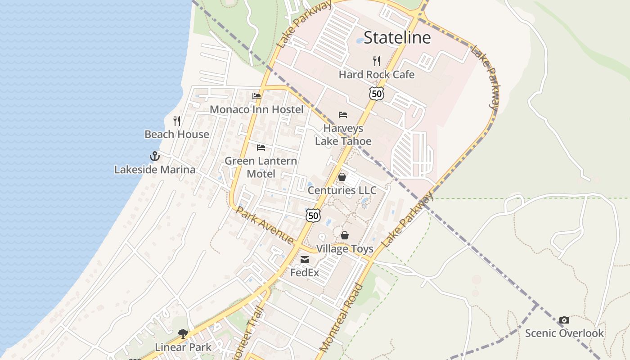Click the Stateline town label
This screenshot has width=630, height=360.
[x=397, y=37]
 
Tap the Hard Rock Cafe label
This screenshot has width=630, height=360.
[x=376, y=74]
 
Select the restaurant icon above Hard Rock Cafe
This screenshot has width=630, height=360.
[x=377, y=61]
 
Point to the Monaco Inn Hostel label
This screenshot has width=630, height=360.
[x=256, y=109]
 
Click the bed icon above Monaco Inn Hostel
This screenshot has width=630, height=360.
[x=256, y=96]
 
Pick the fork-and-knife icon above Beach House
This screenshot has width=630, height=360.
[x=177, y=121]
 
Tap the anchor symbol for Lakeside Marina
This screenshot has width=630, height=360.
[x=155, y=156]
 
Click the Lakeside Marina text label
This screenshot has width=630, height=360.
[x=155, y=170]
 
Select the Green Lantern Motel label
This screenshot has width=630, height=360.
[x=261, y=167]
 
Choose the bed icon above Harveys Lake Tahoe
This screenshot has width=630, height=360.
[x=343, y=115]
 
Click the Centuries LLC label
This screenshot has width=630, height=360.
[x=342, y=190]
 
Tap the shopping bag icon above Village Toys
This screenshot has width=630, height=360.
[x=345, y=235]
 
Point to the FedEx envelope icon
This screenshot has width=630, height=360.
[x=305, y=259]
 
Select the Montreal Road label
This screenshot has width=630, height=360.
[x=341, y=318]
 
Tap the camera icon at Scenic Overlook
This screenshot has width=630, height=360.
[x=564, y=320]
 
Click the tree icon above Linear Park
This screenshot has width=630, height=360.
[x=183, y=334]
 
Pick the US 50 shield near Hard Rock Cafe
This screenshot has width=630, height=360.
[x=376, y=93]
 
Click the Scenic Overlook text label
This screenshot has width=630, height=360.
[x=564, y=333]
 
